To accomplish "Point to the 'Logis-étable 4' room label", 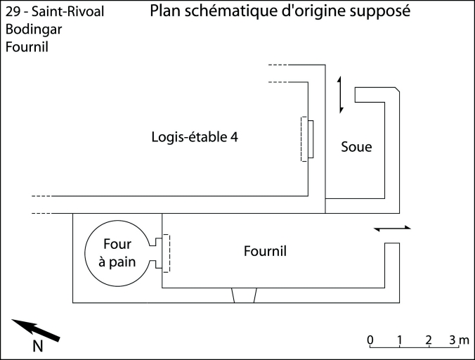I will tap(195, 137).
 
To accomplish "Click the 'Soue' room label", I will tap(356, 148).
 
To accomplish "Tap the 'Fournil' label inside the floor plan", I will tap(265, 251).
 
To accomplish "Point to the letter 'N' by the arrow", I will tap(39, 345).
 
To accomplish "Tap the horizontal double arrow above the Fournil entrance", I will tap(391, 229).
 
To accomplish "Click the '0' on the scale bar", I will tap(370, 340).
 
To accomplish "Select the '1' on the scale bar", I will tap(400, 340).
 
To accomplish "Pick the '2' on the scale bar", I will tap(429, 340).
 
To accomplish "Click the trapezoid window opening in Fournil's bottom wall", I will tap(244, 295).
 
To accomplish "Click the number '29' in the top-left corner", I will tap(12, 13).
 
